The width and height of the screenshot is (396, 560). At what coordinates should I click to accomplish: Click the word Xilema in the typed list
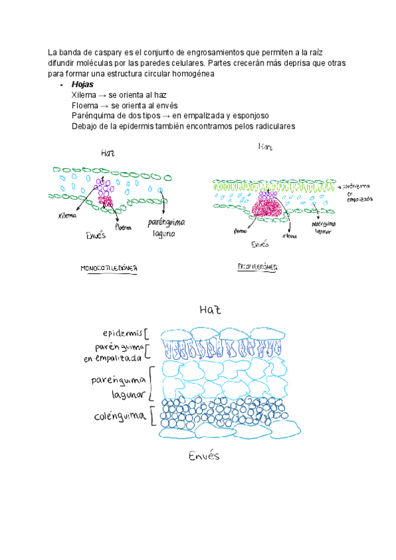84,96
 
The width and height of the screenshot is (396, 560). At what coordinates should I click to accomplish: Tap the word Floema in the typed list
85,106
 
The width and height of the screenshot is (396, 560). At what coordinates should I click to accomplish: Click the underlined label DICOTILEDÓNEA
257,267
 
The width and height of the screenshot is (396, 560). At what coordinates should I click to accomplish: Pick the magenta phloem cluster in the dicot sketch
267,212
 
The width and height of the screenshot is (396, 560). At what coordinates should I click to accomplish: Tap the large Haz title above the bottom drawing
210,309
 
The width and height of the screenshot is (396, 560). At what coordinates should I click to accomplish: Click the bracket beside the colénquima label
152,417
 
